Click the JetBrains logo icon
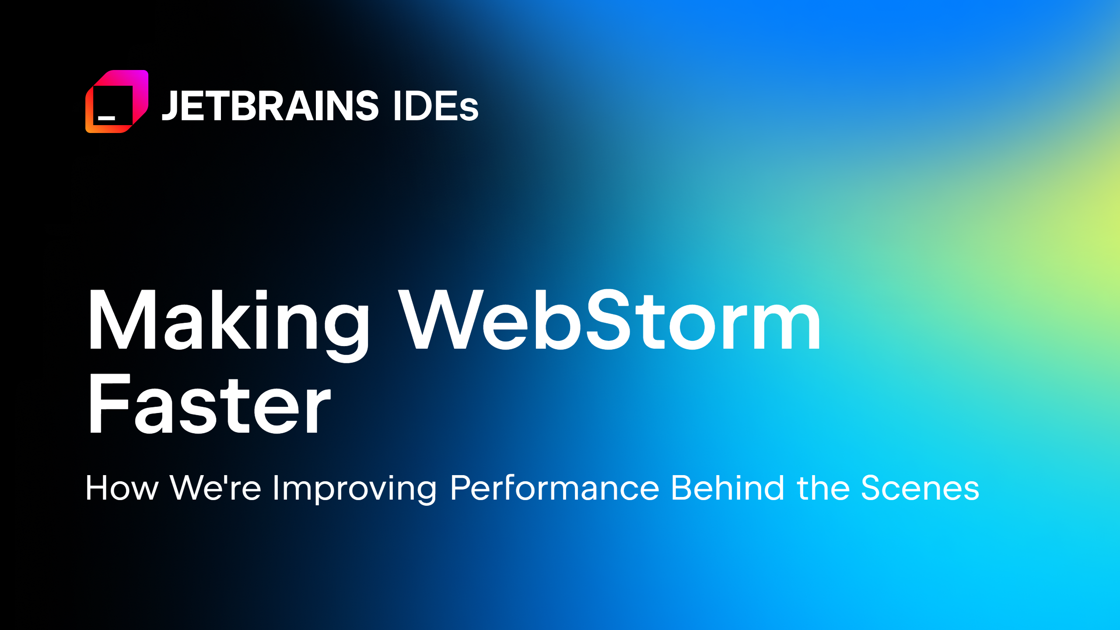pyautogui.click(x=117, y=101)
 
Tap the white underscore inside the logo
pyautogui.click(x=106, y=118)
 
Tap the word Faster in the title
pyautogui.click(x=209, y=405)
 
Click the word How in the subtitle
pyautogui.click(x=122, y=488)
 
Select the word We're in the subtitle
pyautogui.click(x=216, y=488)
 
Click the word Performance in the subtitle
pyautogui.click(x=554, y=488)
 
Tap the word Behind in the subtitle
pyautogui.click(x=728, y=488)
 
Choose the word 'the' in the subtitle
pyautogui.click(x=823, y=488)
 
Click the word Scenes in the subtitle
pyautogui.click(x=920, y=488)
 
